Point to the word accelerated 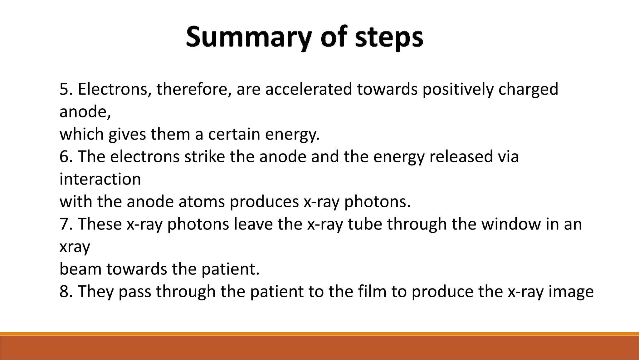click(308, 89)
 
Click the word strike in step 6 click(204, 157)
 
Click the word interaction click(100, 180)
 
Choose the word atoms click(201, 202)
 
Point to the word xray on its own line click(75, 247)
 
